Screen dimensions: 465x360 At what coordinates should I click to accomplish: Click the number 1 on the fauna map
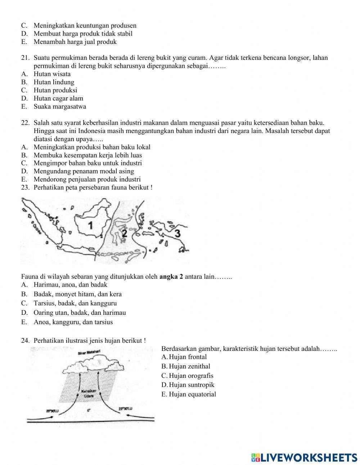90,225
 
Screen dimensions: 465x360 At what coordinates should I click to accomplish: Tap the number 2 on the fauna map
124,233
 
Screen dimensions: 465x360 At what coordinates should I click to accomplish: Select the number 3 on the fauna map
177,233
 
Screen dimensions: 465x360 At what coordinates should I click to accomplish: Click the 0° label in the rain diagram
88,410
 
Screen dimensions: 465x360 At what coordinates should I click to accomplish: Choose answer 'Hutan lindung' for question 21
54,82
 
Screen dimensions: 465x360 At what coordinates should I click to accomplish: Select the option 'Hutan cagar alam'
58,98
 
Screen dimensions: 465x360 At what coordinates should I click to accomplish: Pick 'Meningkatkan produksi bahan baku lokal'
92,147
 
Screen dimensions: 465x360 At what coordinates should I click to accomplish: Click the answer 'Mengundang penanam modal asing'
84,171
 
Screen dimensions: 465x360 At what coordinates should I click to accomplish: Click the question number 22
25,122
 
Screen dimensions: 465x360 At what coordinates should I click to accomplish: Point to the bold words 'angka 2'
171,277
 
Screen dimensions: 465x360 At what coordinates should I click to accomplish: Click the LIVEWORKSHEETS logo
304,457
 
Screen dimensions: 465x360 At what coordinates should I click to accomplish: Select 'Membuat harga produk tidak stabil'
83,33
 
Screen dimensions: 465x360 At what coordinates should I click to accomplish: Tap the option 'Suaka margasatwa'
60,107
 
